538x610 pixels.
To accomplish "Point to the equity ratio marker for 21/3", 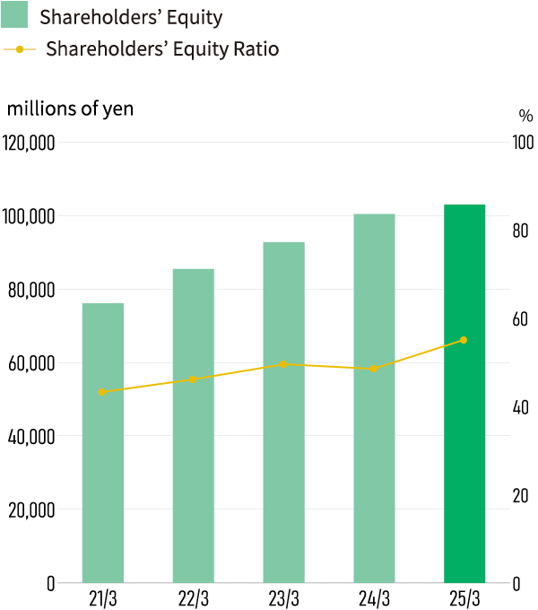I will pyautogui.click(x=102, y=392).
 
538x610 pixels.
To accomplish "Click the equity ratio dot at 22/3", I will pyautogui.click(x=193, y=380).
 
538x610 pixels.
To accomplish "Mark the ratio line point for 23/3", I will pyautogui.click(x=283, y=364).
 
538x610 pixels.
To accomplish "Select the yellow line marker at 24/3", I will pyautogui.click(x=374, y=369).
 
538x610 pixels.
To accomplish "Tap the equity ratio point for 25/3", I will pyautogui.click(x=464, y=340).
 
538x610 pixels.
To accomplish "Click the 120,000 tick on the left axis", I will pyautogui.click(x=30, y=144).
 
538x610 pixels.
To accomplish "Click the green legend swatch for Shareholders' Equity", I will pyautogui.click(x=16, y=16).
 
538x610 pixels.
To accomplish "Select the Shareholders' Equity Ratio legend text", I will pyautogui.click(x=162, y=49).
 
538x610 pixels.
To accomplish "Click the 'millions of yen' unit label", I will pyautogui.click(x=70, y=109).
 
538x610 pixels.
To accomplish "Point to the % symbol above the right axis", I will pyautogui.click(x=525, y=116).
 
